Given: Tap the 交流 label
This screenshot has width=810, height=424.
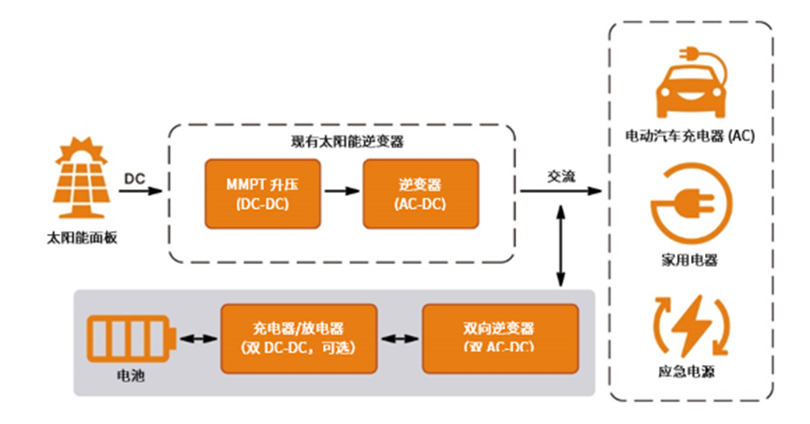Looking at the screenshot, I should pyautogui.click(x=561, y=177).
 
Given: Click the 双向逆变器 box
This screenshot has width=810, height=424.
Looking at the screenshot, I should pyautogui.click(x=497, y=338).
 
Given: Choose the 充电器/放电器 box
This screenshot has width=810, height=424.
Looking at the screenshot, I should pyautogui.click(x=297, y=338).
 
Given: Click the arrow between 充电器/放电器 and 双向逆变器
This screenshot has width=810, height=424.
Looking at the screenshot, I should pyautogui.click(x=397, y=339).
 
